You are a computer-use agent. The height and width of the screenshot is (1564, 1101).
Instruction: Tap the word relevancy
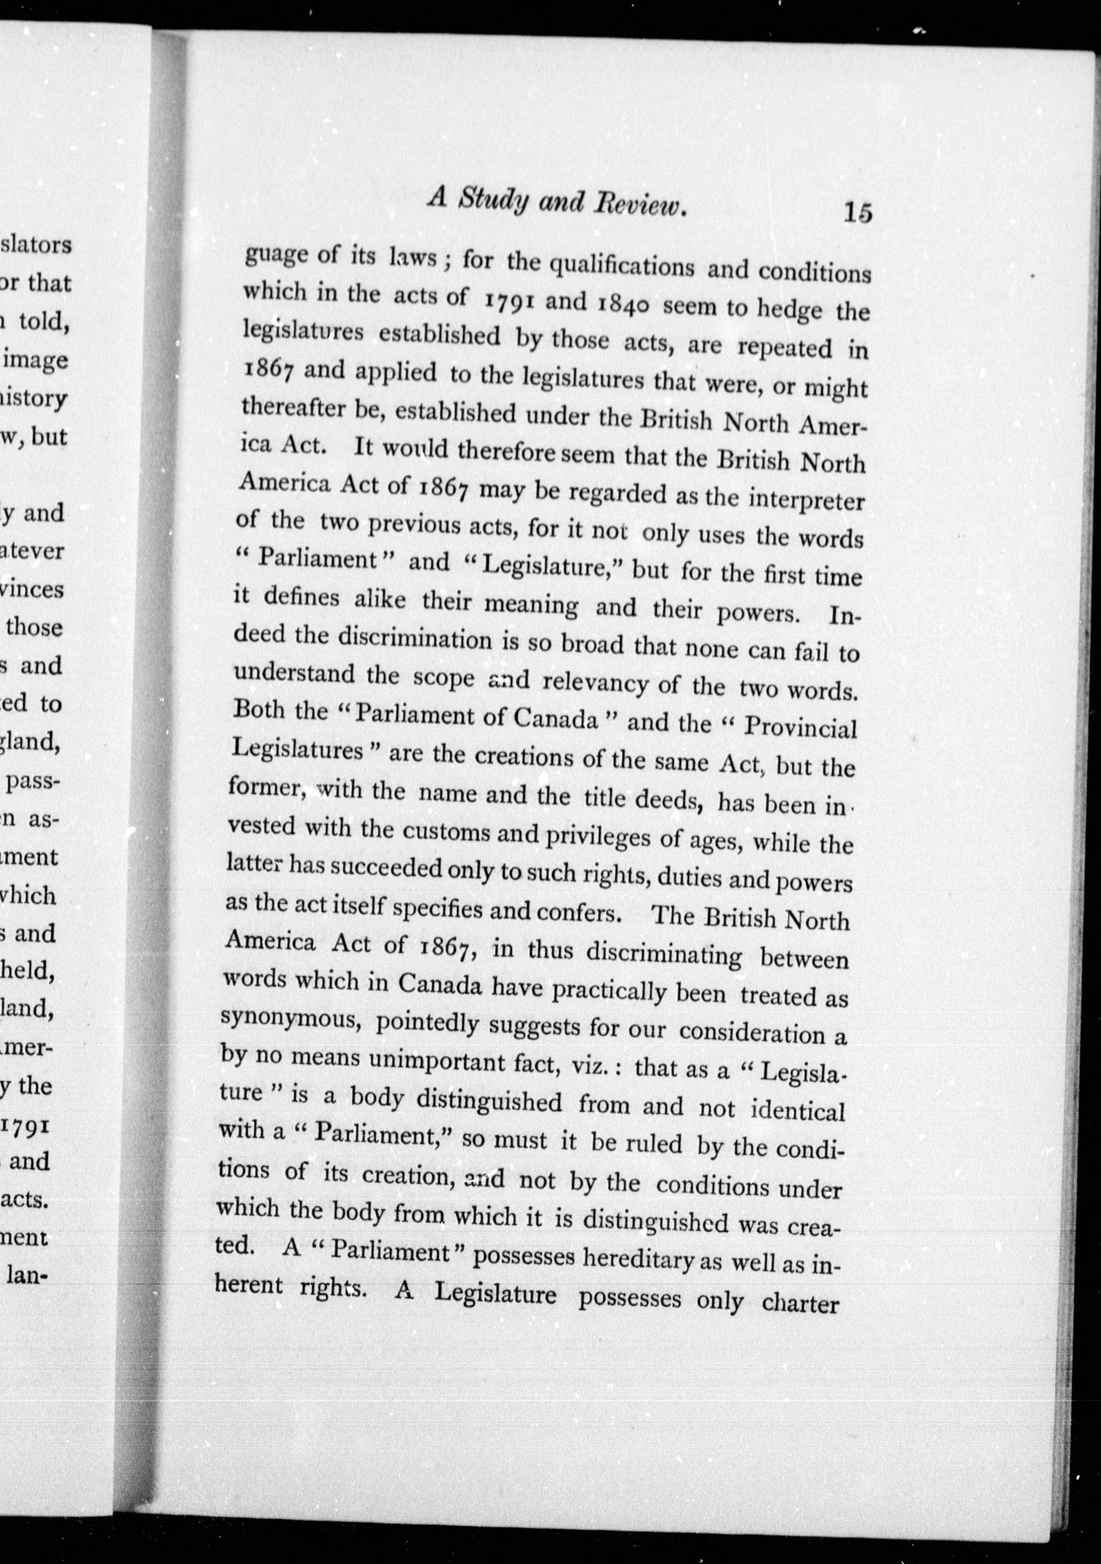595,683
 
